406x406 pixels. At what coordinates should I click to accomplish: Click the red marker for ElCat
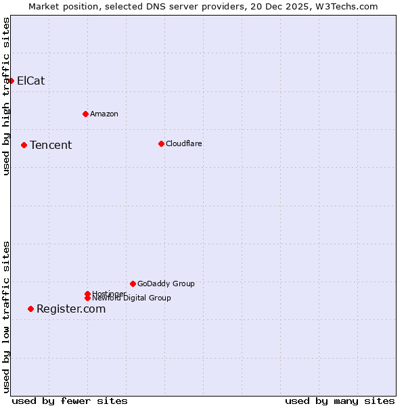(x=11, y=81)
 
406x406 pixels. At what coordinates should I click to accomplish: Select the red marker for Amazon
(x=85, y=114)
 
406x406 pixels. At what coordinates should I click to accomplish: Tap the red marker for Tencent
(x=24, y=145)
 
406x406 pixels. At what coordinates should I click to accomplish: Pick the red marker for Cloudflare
(x=161, y=143)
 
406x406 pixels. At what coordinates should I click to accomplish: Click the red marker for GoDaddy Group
(x=133, y=284)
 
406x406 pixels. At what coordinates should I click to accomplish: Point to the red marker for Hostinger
(x=87, y=294)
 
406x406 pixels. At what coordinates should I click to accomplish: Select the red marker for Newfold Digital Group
(x=87, y=298)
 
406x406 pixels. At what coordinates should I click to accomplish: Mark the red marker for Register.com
(x=30, y=309)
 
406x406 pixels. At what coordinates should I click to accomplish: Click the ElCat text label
(x=30, y=81)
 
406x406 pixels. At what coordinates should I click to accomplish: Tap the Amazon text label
(x=104, y=114)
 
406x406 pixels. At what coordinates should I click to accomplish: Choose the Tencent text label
(x=51, y=145)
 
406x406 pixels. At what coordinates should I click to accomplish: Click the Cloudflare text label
(x=184, y=143)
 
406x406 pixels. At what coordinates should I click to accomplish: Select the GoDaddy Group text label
(x=166, y=284)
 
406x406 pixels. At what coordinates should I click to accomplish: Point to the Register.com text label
(x=71, y=309)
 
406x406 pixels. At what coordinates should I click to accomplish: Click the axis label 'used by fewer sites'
(x=70, y=401)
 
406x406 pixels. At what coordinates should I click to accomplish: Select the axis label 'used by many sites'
(x=340, y=401)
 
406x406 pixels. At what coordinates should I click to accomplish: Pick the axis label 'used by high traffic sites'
(x=6, y=96)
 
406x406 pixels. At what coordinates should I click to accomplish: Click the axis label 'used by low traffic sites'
(x=6, y=317)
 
